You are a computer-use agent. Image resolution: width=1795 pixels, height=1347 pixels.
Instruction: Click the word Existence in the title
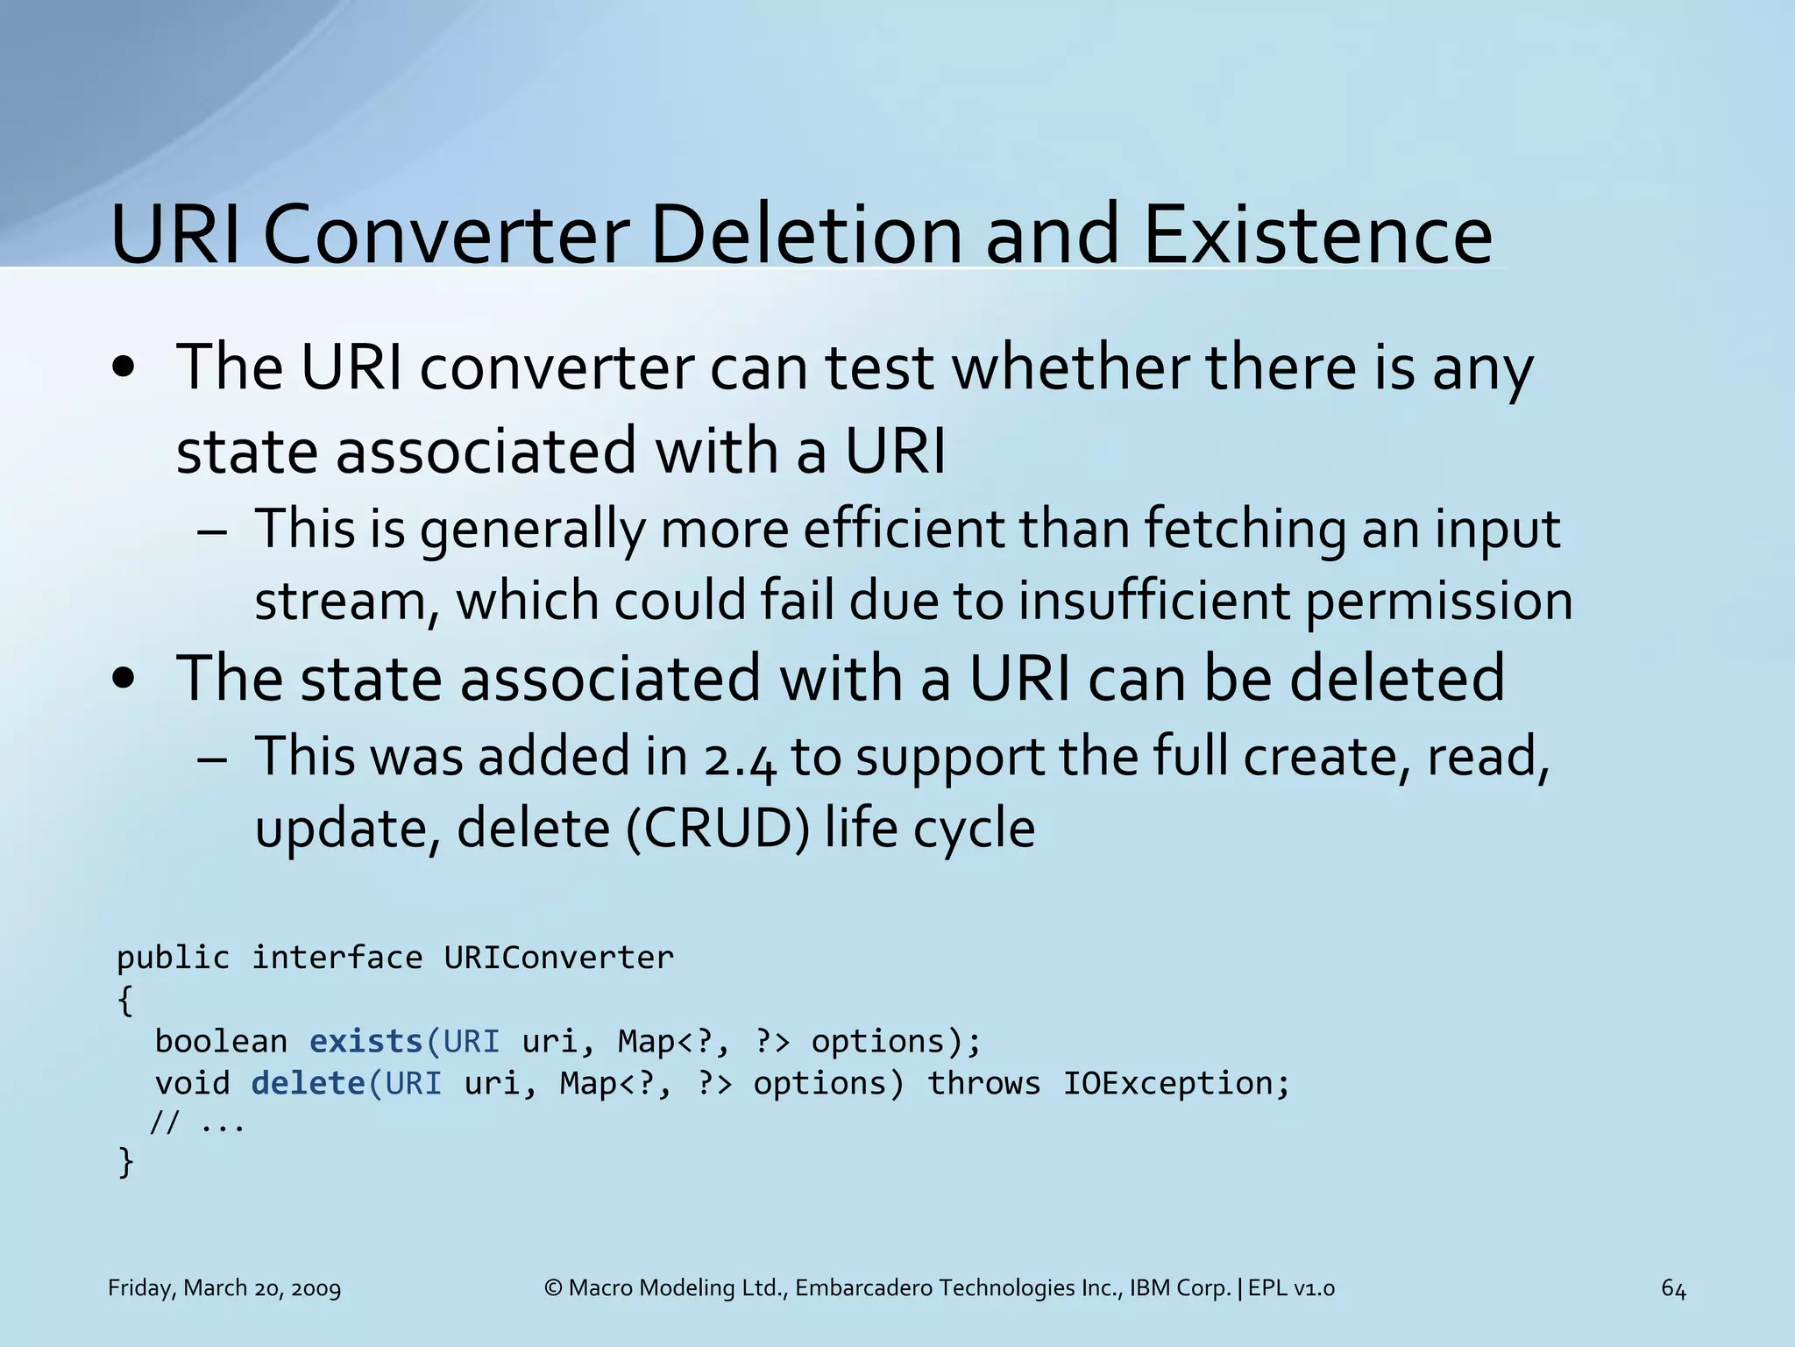pyautogui.click(x=1317, y=235)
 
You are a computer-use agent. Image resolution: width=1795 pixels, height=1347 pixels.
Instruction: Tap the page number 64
pyautogui.click(x=1673, y=1288)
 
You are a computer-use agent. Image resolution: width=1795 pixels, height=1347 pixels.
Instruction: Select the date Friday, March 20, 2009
pyautogui.click(x=224, y=1288)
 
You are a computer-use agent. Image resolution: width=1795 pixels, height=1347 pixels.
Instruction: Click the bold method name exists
pyautogui.click(x=366, y=1041)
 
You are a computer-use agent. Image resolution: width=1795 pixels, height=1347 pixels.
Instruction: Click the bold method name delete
pyautogui.click(x=308, y=1083)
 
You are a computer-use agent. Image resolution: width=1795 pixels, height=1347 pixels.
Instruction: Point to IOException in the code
pyautogui.click(x=1175, y=1083)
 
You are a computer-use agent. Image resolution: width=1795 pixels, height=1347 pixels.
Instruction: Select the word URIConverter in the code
pyautogui.click(x=559, y=957)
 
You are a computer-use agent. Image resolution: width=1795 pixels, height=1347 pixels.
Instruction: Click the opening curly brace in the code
pyautogui.click(x=125, y=1000)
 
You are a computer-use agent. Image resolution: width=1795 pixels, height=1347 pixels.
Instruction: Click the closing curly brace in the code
pyautogui.click(x=125, y=1162)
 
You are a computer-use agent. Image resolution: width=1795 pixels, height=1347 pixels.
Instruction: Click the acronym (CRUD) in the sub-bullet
pyautogui.click(x=719, y=827)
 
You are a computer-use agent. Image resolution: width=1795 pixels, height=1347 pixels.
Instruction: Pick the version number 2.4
pyautogui.click(x=740, y=758)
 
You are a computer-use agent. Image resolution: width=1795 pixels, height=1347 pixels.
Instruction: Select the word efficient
pyautogui.click(x=903, y=530)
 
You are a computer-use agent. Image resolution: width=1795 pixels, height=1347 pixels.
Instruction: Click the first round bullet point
pyautogui.click(x=124, y=368)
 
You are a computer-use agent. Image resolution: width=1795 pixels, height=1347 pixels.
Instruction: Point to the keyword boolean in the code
pyautogui.click(x=221, y=1041)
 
